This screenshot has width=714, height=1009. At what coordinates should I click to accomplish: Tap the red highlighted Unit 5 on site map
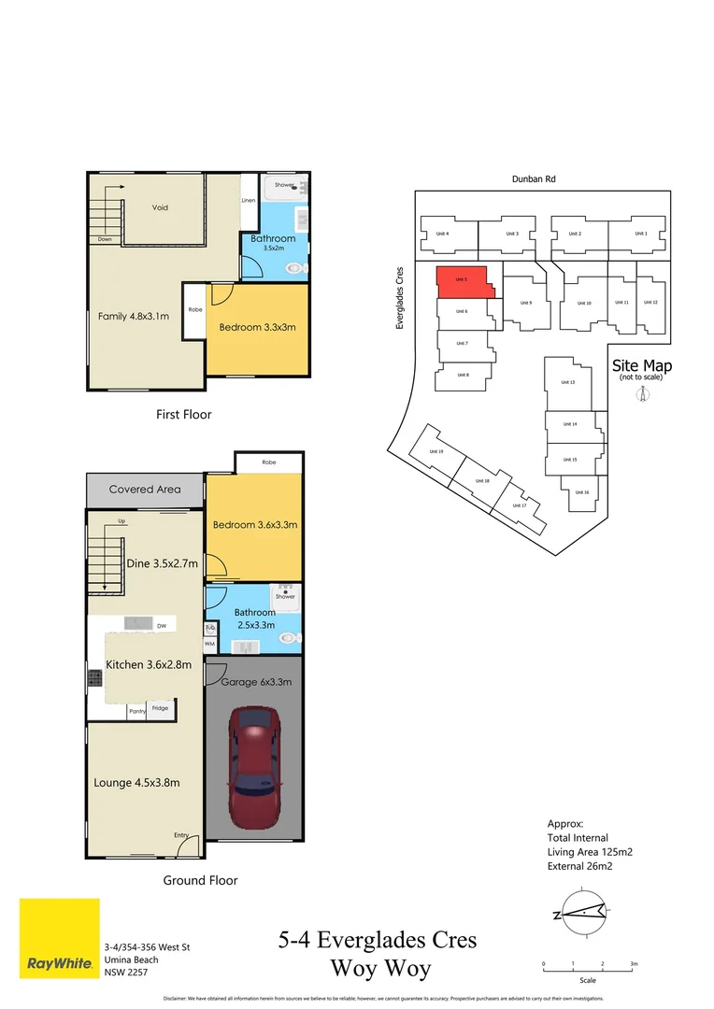[462, 281]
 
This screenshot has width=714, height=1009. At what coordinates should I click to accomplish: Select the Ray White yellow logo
[59, 938]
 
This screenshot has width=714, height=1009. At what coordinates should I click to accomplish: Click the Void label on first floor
[160, 207]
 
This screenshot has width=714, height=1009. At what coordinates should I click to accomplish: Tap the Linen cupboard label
[249, 201]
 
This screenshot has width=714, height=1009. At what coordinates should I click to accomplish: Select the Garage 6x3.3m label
[256, 682]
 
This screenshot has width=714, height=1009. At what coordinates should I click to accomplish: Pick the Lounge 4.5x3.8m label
[136, 782]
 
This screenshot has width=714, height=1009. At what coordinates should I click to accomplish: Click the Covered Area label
[144, 489]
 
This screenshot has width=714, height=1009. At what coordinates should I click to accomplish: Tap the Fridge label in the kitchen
[160, 709]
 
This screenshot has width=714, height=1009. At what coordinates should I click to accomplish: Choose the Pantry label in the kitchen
[138, 711]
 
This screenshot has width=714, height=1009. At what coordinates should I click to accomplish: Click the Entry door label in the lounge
[180, 835]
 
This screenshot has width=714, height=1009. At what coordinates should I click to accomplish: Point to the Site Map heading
[641, 365]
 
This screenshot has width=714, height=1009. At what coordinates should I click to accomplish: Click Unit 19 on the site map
[435, 451]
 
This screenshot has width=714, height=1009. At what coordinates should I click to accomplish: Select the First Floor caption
[184, 414]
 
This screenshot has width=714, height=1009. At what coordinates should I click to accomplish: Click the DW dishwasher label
[162, 626]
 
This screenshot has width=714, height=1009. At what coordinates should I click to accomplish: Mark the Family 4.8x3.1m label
[133, 316]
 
